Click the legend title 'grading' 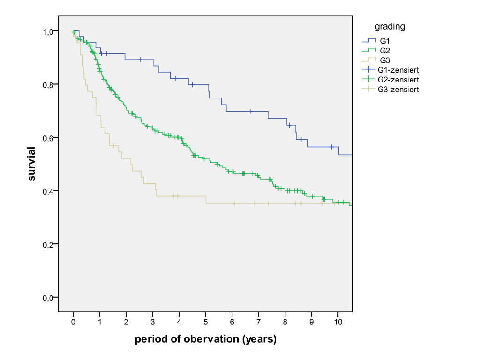coord(390,27)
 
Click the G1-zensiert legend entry coord(399,70)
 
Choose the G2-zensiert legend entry coord(399,79)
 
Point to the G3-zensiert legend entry coord(399,89)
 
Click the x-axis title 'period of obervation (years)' coord(205,339)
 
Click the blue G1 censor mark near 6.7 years coord(250,111)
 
